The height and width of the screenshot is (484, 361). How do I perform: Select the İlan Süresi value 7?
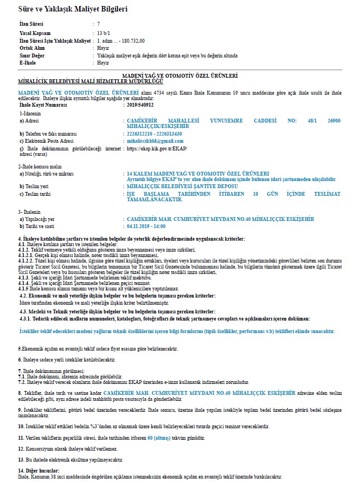point(98,25)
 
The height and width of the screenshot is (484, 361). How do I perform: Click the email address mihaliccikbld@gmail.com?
point(155,141)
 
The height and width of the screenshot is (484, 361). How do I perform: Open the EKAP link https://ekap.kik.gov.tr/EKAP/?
point(157,148)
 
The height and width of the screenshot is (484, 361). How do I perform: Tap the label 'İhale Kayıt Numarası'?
point(43,104)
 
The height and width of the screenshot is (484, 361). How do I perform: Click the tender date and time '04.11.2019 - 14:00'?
point(146,225)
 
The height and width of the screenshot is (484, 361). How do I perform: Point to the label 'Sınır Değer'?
point(33,56)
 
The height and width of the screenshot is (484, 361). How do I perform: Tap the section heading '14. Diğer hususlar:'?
point(38,470)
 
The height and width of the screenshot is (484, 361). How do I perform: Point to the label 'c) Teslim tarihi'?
point(35,194)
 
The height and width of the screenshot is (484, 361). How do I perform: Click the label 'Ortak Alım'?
point(32,48)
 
